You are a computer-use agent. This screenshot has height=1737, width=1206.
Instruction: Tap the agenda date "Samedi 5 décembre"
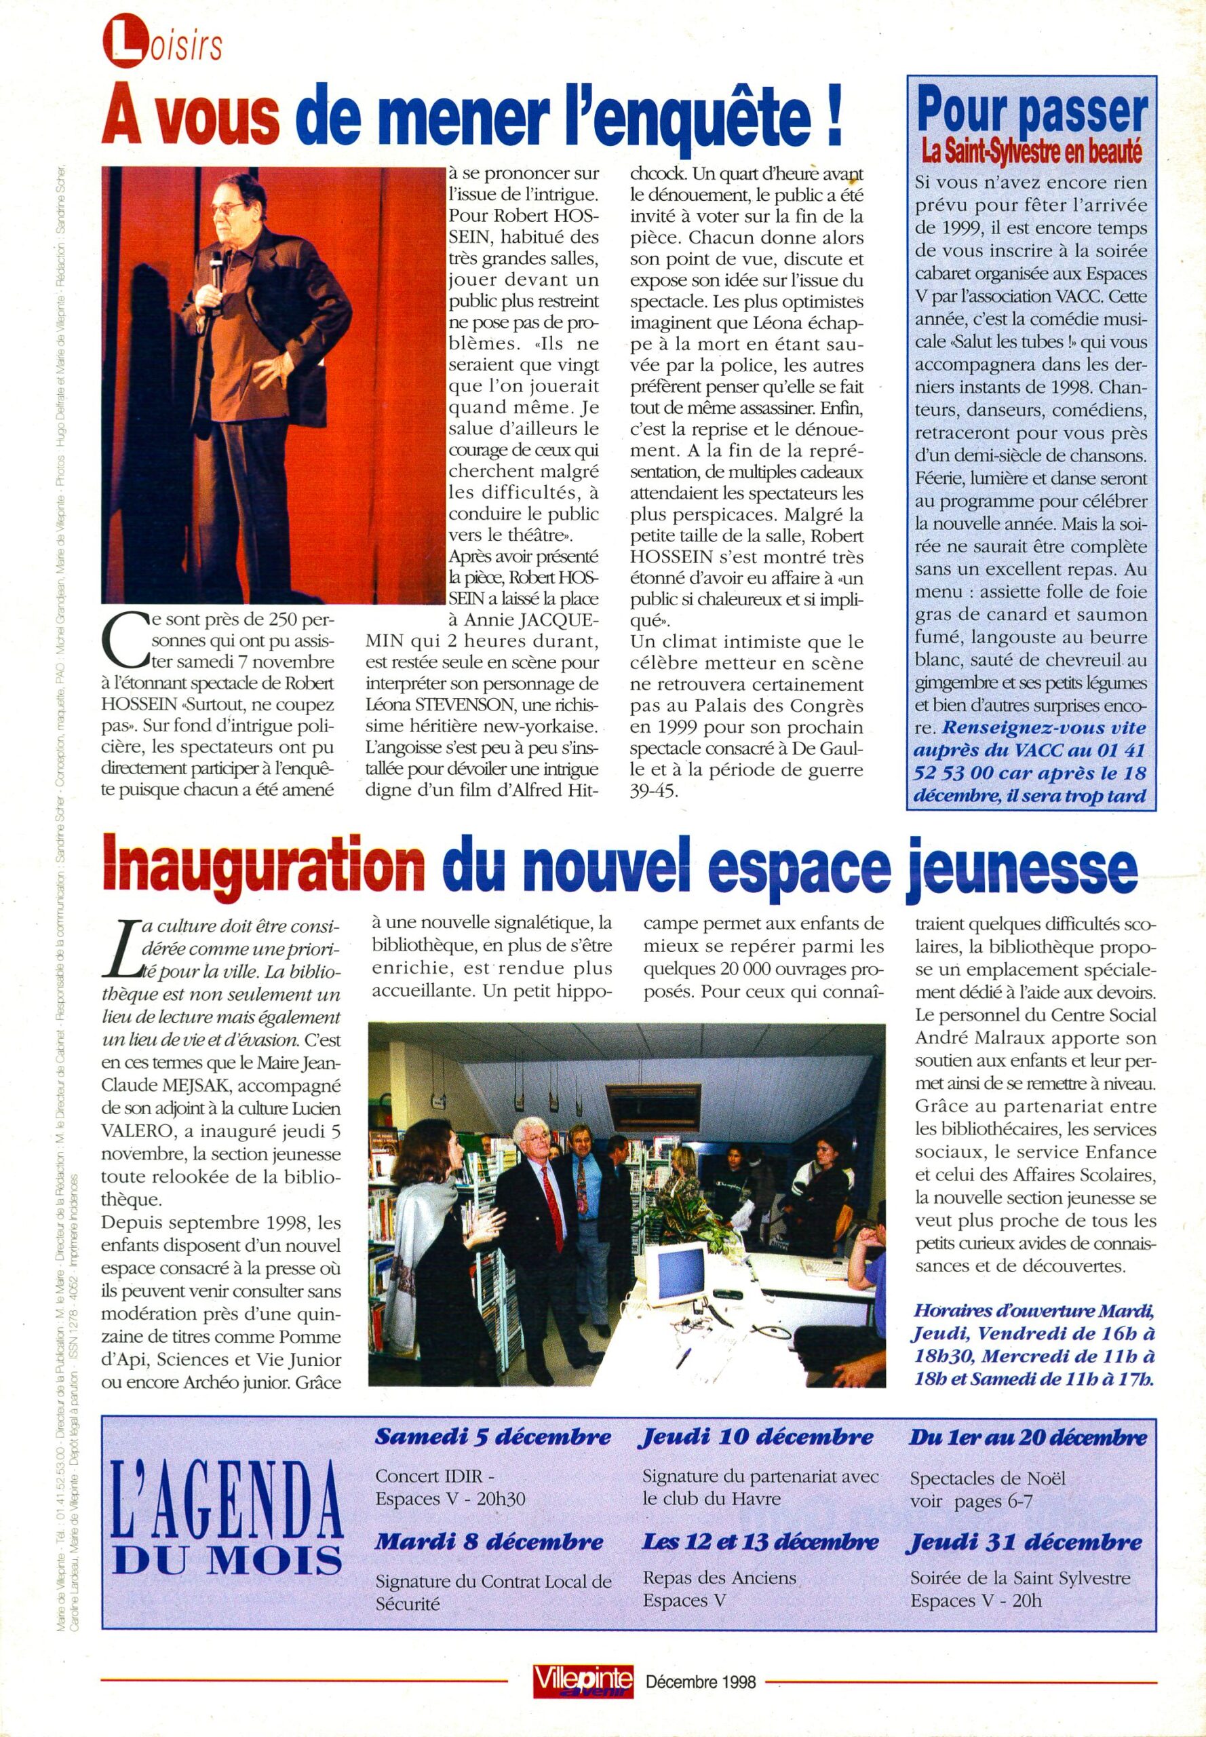click(492, 1437)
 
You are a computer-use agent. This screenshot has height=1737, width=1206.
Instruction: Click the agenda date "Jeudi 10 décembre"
click(757, 1437)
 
